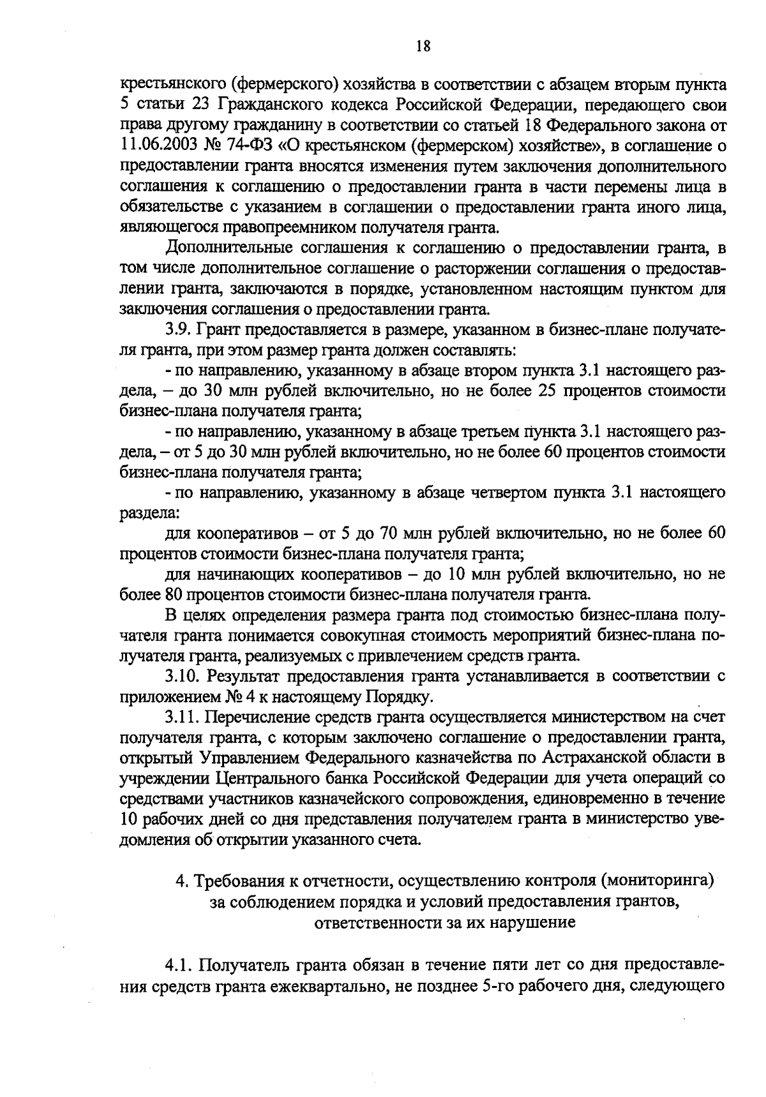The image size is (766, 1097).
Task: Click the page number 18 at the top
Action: [x=421, y=45]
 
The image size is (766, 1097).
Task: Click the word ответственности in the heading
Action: [x=379, y=922]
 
